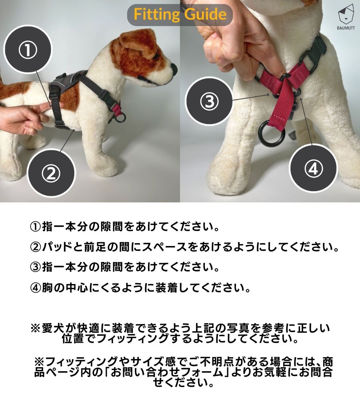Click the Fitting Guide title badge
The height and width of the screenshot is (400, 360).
point(180,14)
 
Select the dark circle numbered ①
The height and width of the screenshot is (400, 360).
point(28,50)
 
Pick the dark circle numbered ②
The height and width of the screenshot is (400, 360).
point(51,173)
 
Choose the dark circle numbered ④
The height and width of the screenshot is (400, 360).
point(313,168)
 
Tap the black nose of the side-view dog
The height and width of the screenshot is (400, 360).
point(174,68)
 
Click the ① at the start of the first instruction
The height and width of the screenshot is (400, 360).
point(35,227)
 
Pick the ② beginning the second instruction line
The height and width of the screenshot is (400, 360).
point(35,247)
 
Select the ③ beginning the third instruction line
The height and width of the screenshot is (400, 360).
point(35,267)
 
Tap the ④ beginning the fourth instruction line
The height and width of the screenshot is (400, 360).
point(35,288)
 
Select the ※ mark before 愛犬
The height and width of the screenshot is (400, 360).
point(36,328)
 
